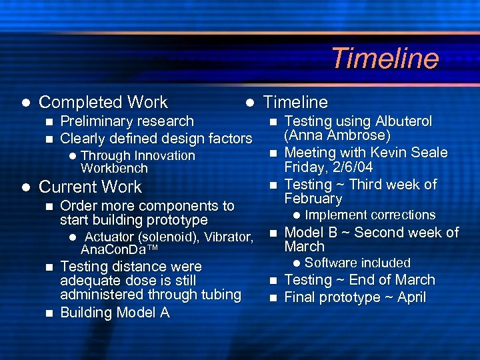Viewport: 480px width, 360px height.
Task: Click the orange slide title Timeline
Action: click(385, 58)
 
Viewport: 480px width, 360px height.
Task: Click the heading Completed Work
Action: click(103, 102)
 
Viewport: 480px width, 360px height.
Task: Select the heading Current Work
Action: click(91, 187)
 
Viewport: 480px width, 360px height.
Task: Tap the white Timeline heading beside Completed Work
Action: click(295, 102)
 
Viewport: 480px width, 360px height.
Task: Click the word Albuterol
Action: click(404, 121)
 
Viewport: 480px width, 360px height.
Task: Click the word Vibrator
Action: click(229, 237)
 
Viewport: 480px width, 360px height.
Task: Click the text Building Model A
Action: click(115, 313)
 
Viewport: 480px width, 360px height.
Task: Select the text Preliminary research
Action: click(127, 121)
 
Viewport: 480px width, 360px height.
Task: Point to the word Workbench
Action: click(114, 168)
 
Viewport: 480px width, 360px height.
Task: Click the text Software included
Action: click(357, 263)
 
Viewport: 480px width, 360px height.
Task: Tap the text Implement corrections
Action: click(370, 215)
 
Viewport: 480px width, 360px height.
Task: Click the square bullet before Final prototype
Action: click(272, 298)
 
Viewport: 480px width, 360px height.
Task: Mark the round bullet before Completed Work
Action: click(25, 103)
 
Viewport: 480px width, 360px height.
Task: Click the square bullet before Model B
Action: click(272, 233)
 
